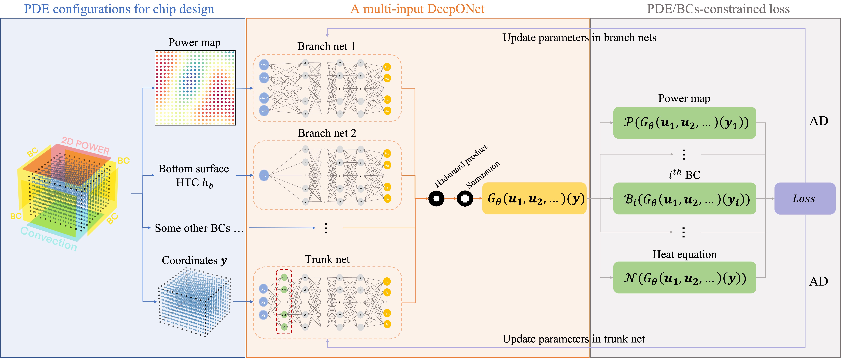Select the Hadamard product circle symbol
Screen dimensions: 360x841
(x=436, y=198)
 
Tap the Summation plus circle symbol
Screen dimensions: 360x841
(x=465, y=198)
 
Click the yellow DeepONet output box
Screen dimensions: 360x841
(x=534, y=198)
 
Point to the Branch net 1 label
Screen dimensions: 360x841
(x=326, y=46)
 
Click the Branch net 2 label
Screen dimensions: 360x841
(x=327, y=133)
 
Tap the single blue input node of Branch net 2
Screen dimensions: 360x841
(x=264, y=176)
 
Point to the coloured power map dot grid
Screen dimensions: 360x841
(x=195, y=88)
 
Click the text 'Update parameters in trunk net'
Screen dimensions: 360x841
(x=573, y=339)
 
